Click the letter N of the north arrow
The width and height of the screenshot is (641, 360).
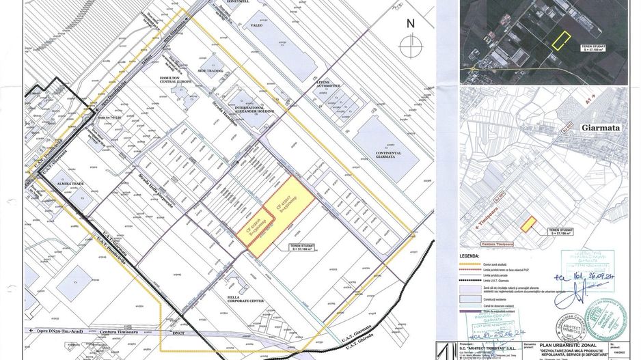coord(410,23)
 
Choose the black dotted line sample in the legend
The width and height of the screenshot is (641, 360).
coord(473,280)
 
